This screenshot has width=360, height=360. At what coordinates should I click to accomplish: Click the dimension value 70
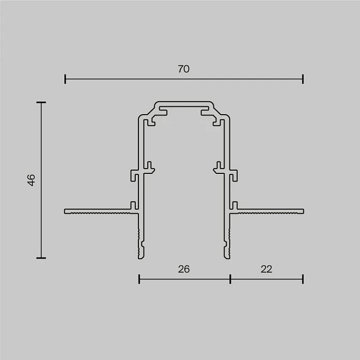click(x=184, y=69)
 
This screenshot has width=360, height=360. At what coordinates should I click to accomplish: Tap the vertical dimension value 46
click(x=31, y=180)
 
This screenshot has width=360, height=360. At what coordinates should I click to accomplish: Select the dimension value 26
click(x=184, y=269)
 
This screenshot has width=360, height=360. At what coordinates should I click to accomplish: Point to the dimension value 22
click(x=266, y=269)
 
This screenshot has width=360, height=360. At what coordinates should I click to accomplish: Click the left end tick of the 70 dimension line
click(x=65, y=79)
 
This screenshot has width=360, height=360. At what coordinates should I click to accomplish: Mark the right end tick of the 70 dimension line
click(x=303, y=79)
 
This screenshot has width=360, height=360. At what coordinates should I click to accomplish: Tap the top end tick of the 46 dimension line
click(x=41, y=103)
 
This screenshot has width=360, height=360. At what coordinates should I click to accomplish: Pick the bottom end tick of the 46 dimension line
click(x=41, y=258)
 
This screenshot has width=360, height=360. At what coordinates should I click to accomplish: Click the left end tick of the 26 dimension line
click(x=139, y=279)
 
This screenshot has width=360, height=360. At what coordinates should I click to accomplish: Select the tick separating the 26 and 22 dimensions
click(x=230, y=279)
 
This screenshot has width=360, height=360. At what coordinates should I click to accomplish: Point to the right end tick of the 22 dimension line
click(x=303, y=279)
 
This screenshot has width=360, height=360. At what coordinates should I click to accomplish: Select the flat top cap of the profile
click(x=184, y=103)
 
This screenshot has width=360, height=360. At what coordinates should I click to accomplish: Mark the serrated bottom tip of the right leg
click(x=227, y=247)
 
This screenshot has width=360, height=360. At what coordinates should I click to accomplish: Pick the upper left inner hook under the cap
click(x=153, y=121)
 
